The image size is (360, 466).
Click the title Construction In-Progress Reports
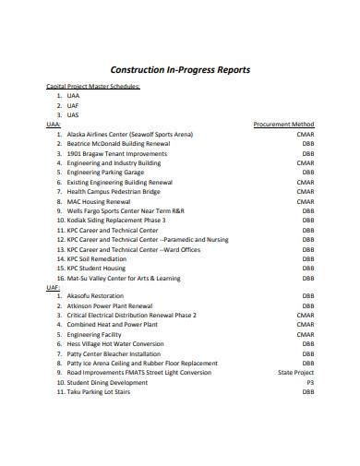coord(179,69)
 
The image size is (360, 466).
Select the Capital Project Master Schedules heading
coord(93,86)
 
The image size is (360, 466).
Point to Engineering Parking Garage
coord(106,172)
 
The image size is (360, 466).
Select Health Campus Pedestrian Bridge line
coord(120,191)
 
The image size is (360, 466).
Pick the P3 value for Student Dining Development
coord(309,382)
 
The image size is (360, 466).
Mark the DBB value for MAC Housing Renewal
coord(306,201)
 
